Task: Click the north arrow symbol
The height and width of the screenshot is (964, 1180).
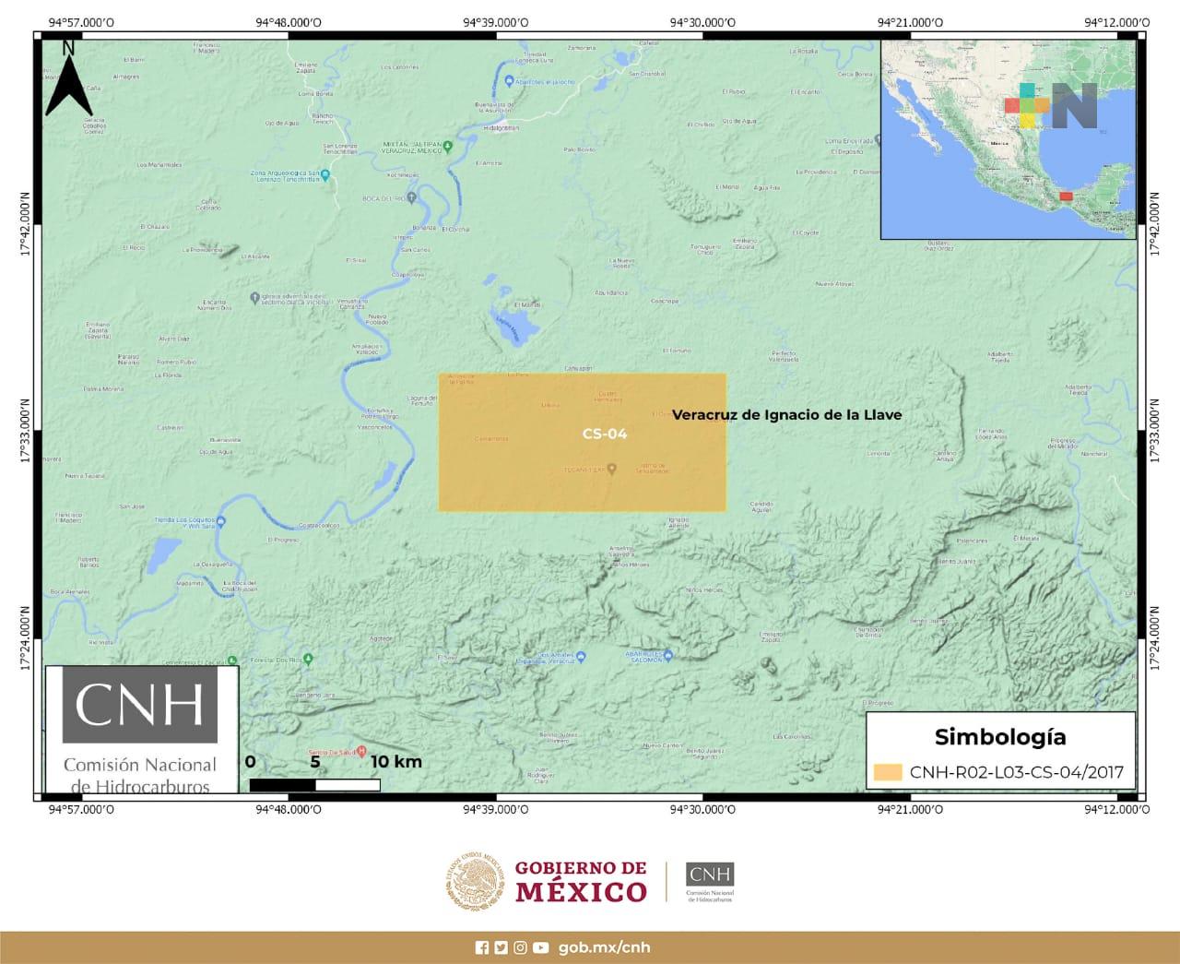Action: click(x=68, y=80)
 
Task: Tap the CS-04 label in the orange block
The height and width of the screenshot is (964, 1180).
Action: click(x=605, y=434)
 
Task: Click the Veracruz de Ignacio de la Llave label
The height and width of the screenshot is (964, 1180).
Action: click(x=786, y=415)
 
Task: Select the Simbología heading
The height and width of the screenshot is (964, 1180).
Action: click(x=1000, y=736)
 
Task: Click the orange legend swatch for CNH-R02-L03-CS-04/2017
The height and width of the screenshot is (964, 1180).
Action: click(x=888, y=772)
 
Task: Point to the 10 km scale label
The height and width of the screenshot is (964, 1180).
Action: click(x=396, y=762)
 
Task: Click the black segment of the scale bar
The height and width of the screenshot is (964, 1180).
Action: click(x=282, y=785)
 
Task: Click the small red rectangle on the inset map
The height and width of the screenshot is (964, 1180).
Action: click(x=1066, y=196)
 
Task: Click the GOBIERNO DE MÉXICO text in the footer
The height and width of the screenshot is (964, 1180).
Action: click(x=580, y=881)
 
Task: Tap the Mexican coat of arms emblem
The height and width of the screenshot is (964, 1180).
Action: click(x=476, y=881)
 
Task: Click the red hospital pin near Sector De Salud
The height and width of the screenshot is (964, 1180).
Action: click(x=361, y=751)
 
